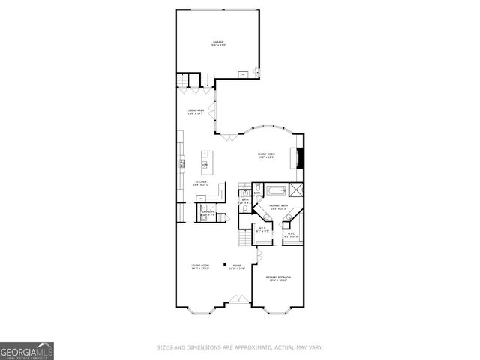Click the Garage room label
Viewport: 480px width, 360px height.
(218, 43)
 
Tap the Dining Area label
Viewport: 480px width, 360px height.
(197, 112)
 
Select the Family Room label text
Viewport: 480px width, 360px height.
(266, 155)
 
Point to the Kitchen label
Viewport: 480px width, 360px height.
(201, 182)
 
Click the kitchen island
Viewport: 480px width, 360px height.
(205, 160)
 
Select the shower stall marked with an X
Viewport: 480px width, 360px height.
(296, 188)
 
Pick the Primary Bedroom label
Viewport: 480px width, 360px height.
(278, 279)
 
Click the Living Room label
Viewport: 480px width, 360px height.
(199, 266)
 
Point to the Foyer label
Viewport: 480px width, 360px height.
(236, 266)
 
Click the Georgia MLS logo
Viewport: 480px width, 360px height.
(27, 350)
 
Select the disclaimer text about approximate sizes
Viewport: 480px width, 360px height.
(240, 347)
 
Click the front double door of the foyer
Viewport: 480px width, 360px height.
(239, 307)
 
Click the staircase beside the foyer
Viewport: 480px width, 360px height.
(245, 238)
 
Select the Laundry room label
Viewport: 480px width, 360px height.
(207, 214)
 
